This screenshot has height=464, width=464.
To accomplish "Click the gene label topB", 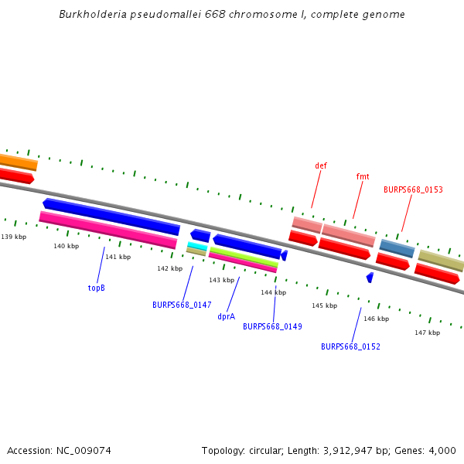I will (x=97, y=288).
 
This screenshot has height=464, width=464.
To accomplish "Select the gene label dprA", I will (x=226, y=316).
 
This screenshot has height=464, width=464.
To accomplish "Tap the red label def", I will (x=321, y=165).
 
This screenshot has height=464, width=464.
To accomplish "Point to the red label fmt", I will (x=363, y=176).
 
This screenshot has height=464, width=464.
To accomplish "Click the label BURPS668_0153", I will (x=413, y=189).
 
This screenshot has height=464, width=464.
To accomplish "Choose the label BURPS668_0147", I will (x=182, y=305).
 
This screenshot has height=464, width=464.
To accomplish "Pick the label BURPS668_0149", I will (x=272, y=326).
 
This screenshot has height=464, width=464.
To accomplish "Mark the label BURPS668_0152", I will (x=350, y=346).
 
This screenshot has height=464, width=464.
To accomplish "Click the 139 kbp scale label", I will (x=14, y=237).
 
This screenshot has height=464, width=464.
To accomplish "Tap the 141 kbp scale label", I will (x=118, y=257).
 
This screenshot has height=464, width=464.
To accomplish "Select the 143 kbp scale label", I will (x=221, y=280).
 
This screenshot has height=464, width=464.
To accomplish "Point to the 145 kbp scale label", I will (x=325, y=305).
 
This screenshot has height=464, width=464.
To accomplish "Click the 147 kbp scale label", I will (x=427, y=333).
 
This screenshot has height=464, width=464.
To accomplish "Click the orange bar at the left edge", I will (x=17, y=162).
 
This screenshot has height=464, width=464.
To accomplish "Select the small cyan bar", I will (x=197, y=246).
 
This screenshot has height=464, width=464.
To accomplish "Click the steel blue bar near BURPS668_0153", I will (x=397, y=247).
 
